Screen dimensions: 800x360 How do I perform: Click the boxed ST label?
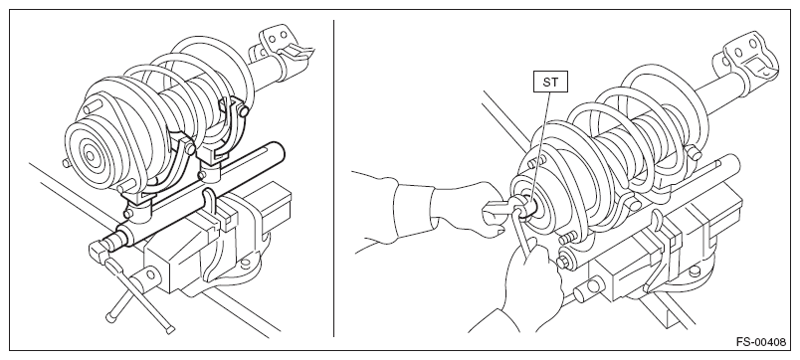point(550,83)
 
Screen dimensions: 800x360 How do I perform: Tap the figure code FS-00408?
point(761,342)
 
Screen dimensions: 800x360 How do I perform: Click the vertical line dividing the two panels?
point(333,178)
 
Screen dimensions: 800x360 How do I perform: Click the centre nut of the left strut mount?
point(91,156)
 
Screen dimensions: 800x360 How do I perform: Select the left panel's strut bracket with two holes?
point(278,44)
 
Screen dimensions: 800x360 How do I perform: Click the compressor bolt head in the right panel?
point(563,263)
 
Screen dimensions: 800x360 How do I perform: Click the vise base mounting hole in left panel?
point(246,264)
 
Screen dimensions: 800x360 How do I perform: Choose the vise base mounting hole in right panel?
point(696,271)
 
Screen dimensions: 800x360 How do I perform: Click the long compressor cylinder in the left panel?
point(199,194)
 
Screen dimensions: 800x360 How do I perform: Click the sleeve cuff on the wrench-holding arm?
point(414,210)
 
